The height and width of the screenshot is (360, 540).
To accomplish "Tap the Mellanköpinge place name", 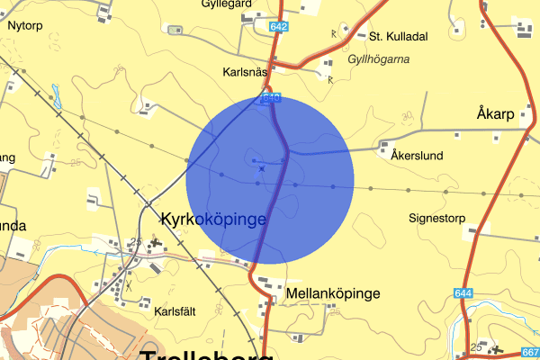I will pos(332,293).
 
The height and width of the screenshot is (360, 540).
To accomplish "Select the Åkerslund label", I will pos(418,156).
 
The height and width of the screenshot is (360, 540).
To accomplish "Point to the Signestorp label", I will pos(438,218).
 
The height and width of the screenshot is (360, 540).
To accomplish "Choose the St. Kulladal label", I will pos(399,37).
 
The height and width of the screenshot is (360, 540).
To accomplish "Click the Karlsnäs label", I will pos(245,70).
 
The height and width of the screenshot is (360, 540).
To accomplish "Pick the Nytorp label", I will pos(25,26).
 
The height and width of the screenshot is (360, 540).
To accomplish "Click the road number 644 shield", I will pos(463,293).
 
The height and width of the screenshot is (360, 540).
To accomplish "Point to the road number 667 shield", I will pos(530,352).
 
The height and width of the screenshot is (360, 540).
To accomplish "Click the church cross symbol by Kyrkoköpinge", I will pos(156,242).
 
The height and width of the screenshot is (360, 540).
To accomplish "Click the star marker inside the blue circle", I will pos(262,168).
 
